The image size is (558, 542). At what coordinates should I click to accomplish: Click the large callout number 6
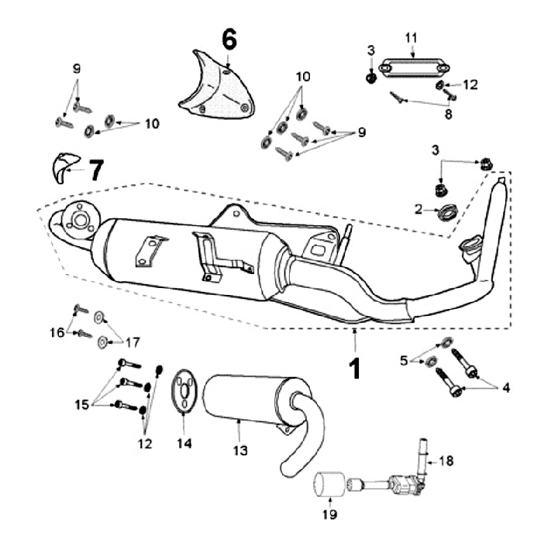click(x=229, y=38)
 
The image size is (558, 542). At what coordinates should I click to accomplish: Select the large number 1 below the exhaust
click(x=354, y=368)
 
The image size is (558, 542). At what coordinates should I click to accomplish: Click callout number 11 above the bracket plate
click(x=412, y=36)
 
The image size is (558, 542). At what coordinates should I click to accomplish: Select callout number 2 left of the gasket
click(x=417, y=209)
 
